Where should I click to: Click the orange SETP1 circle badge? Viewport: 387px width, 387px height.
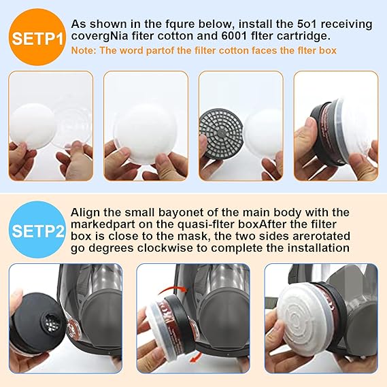click(x=37, y=37)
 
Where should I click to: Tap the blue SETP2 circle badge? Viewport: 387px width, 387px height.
click(x=37, y=230)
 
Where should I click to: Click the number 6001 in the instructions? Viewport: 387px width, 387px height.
click(x=234, y=36)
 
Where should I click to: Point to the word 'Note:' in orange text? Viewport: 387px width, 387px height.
click(x=84, y=50)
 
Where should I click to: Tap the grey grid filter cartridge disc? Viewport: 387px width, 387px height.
click(x=222, y=134)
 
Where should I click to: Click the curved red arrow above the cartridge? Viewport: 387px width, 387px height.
click(x=173, y=289)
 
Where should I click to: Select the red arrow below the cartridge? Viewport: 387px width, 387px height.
click(x=196, y=357)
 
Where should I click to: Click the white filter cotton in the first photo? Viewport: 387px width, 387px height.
click(x=33, y=126)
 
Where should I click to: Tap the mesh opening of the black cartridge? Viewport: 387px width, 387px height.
click(x=52, y=323)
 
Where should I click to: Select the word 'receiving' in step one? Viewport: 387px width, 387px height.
click(x=346, y=24)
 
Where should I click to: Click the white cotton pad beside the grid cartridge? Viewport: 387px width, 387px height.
click(x=262, y=134)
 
